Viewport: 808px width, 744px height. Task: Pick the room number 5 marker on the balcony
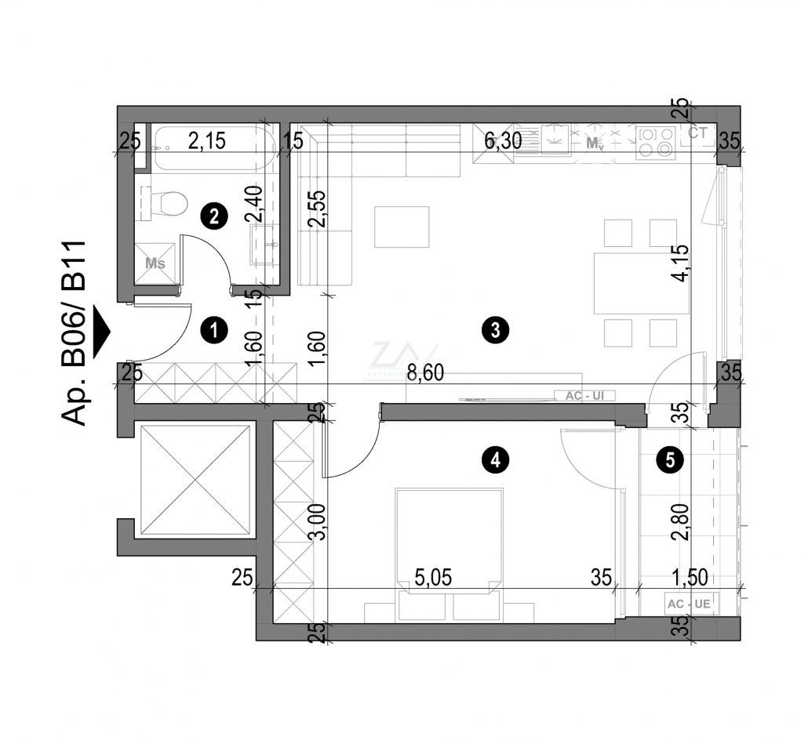tap(668, 461)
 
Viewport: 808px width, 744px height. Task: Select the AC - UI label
tap(583, 396)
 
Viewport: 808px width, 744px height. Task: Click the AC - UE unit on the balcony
tap(689, 604)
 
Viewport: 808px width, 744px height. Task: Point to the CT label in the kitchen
tap(697, 134)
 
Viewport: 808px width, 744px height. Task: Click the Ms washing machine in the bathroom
tap(155, 263)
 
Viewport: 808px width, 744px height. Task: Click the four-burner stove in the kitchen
tap(656, 141)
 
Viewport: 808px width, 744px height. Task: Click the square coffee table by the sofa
tap(402, 227)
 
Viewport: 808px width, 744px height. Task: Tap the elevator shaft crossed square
tap(195, 480)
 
